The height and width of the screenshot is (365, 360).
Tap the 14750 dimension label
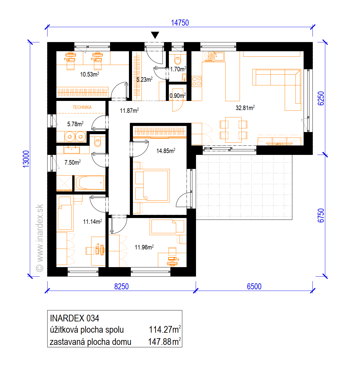coord(180,23)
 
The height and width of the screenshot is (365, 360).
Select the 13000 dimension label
coord(26,159)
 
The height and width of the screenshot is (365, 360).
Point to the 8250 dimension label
coord(122,286)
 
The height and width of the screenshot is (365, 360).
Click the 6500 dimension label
coord(254,286)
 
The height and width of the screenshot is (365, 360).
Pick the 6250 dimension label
coord(321,98)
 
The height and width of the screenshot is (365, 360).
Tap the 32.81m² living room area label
coord(245,108)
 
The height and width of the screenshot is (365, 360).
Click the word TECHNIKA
coord(82,107)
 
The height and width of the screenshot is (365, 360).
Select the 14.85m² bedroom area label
coord(166,151)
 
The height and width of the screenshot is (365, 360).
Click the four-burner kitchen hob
coord(197,81)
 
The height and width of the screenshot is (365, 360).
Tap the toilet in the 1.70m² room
coord(178,60)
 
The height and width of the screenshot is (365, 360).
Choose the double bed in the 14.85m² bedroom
coord(152,185)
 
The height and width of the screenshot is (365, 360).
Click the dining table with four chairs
coord(233,130)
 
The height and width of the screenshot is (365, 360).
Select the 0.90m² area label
coord(177,95)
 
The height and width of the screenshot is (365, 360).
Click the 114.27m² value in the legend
coord(165,329)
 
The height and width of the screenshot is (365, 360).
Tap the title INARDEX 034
coord(74,318)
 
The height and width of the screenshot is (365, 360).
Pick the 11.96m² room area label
coord(144,247)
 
